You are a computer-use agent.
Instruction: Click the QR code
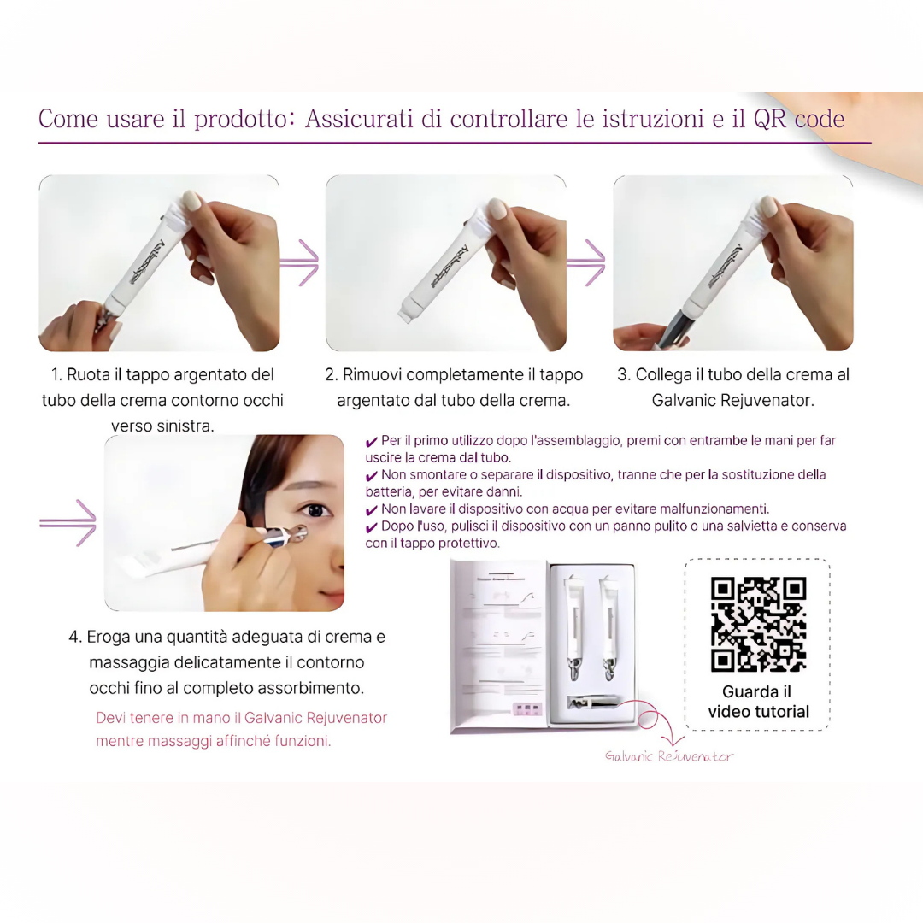point(758,625)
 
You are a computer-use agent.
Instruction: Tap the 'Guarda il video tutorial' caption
point(758,702)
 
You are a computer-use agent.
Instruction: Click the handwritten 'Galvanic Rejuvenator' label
point(669,756)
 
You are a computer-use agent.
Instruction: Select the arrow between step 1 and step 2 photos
point(301,262)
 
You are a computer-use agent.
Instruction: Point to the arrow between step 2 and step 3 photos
point(588,262)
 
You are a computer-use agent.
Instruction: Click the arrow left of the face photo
point(68,523)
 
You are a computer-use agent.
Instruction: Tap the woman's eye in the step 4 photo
point(315,510)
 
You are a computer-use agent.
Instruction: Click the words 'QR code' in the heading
point(798,119)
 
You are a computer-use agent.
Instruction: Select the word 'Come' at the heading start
point(68,119)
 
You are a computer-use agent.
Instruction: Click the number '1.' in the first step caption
point(57,375)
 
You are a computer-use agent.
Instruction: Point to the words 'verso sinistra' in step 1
point(162,426)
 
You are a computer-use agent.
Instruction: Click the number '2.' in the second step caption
point(332,375)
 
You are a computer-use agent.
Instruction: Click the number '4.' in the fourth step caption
point(75,638)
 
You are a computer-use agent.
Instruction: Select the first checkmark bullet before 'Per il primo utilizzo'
point(371,442)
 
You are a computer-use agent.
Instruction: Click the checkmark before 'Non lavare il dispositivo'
point(371,510)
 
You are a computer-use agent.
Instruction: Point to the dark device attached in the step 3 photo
point(675,329)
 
